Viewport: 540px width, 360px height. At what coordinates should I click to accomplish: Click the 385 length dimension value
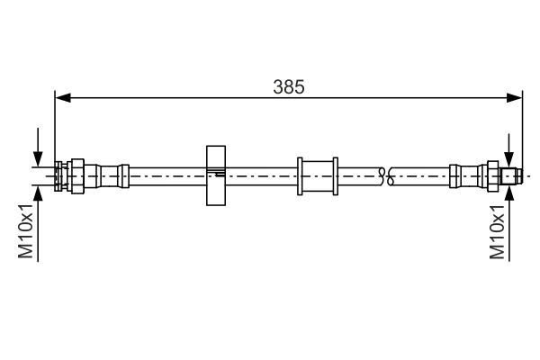290,87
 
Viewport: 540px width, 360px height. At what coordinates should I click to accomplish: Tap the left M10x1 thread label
27,232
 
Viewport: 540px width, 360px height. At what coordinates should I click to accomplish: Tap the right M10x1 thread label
496,232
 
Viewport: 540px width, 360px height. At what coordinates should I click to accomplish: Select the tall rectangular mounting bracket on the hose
214,175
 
